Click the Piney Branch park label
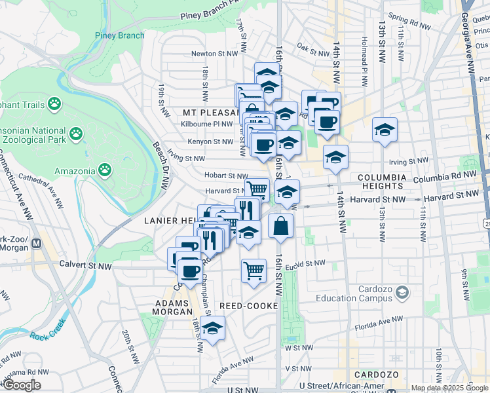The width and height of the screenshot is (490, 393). (x=120, y=35)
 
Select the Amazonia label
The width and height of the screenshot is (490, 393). (x=75, y=171)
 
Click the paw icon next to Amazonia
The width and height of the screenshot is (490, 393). (x=105, y=171)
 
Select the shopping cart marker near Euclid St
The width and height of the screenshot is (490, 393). (x=254, y=270)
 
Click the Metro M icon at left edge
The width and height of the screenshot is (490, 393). (x=37, y=244)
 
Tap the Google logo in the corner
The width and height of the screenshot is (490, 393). (x=22, y=385)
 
